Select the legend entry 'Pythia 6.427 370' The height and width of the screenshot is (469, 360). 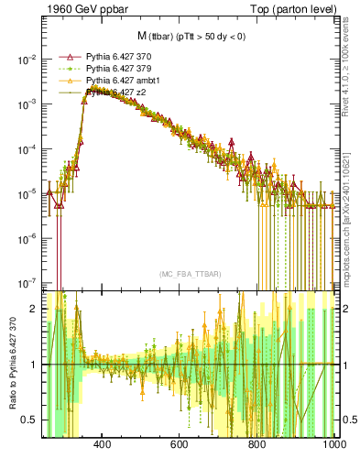click(x=117, y=56)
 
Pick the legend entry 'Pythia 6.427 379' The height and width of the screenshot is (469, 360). click(x=117, y=68)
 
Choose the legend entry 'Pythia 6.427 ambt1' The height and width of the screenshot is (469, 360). click(x=121, y=80)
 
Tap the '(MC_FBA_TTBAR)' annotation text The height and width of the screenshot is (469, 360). click(x=191, y=274)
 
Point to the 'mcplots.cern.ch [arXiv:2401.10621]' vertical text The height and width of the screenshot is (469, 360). click(x=352, y=183)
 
